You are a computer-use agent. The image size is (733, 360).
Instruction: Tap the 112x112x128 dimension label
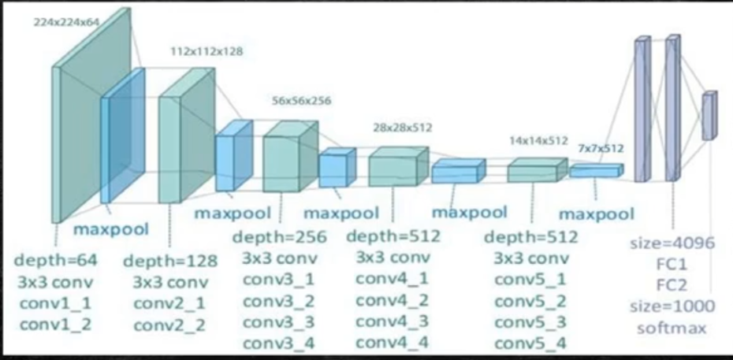point(207,50)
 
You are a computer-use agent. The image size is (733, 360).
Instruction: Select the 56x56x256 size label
point(301,101)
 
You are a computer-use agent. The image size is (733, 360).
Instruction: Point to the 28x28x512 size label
point(402,127)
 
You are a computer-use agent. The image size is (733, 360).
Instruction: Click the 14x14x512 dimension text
point(538,141)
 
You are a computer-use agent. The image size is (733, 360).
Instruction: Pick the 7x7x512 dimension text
point(601,147)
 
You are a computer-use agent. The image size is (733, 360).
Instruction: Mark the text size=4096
point(672,243)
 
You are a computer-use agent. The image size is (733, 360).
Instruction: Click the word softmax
point(672,326)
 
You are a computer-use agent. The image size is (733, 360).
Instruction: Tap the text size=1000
point(672,306)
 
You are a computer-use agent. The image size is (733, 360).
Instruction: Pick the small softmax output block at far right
point(709,116)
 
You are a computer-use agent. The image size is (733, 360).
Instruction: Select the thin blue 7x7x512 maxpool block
point(596,170)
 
